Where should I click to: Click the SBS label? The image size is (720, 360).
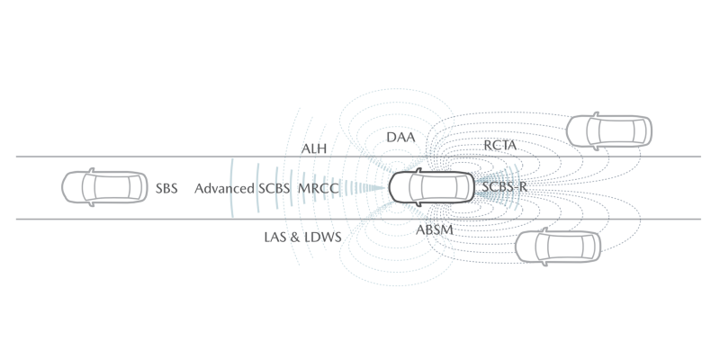166,189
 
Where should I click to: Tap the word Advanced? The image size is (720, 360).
224,189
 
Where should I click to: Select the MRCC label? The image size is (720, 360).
319,189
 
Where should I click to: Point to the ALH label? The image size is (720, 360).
313,148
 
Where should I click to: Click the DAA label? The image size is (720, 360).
400,138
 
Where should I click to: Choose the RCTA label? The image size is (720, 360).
500,146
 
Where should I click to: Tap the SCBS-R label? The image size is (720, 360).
504,187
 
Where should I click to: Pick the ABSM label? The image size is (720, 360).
435,230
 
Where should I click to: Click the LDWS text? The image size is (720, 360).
322,238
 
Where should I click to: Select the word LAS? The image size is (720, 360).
275,238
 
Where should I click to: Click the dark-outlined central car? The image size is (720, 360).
431,187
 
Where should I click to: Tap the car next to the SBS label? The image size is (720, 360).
104,187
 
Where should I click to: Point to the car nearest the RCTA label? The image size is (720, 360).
609,130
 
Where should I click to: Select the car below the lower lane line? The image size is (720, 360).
558,247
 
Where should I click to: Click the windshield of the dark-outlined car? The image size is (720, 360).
415,187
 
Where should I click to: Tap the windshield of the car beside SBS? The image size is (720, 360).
88,187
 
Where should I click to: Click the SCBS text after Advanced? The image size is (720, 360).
274,189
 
